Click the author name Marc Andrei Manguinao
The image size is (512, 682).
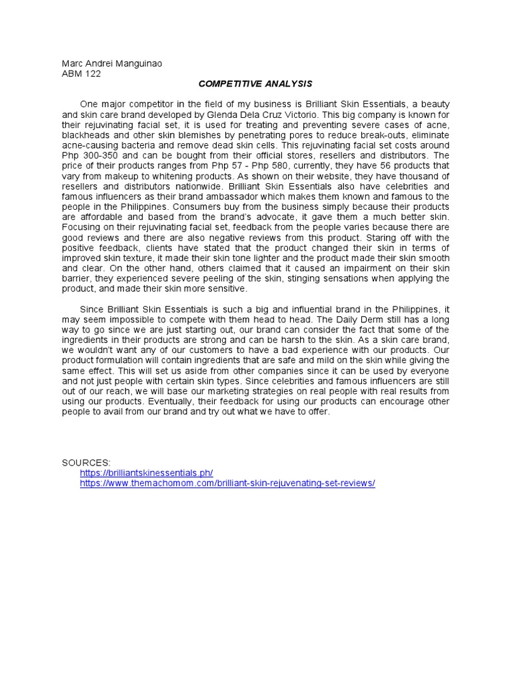[111, 63]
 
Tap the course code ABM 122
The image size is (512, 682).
[81, 74]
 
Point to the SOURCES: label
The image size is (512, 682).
[86, 462]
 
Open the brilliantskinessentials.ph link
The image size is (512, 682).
[146, 473]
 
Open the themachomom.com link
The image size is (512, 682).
[227, 483]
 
